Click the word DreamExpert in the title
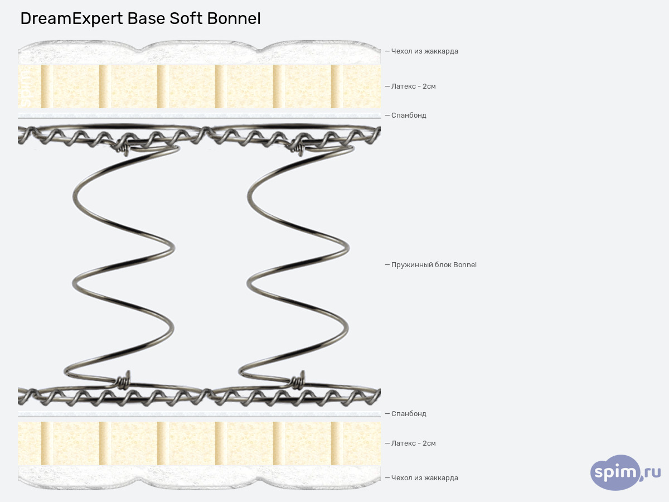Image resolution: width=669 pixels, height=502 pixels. click(71, 19)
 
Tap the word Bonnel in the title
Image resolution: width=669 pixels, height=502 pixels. click(234, 19)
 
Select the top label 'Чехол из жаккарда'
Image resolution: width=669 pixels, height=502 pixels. click(424, 51)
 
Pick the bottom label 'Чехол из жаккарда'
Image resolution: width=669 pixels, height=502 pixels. click(424, 478)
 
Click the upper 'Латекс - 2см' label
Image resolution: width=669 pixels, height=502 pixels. click(413, 86)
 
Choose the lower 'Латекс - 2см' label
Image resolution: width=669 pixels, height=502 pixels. click(413, 443)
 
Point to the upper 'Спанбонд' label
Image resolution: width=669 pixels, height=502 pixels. click(409, 115)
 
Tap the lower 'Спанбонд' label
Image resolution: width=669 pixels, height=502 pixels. click(409, 414)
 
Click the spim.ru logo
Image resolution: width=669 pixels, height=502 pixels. click(625, 472)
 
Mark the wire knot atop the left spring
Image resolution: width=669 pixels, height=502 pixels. click(124, 148)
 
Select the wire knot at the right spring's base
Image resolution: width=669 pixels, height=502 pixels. click(298, 381)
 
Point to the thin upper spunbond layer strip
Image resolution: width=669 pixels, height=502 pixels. click(199, 116)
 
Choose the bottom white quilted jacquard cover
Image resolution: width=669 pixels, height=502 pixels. click(199, 477)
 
